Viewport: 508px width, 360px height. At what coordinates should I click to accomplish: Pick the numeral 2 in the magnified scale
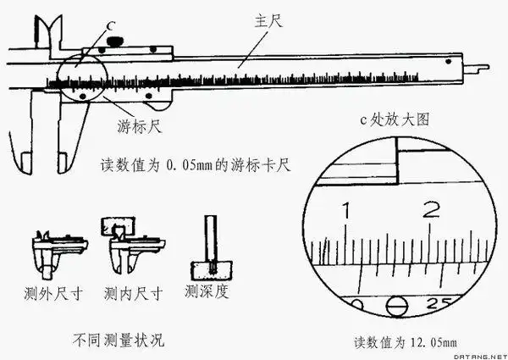(433, 208)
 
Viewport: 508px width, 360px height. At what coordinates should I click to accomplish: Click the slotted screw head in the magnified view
(395, 304)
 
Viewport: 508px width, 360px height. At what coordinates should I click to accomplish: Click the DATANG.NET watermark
(479, 354)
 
